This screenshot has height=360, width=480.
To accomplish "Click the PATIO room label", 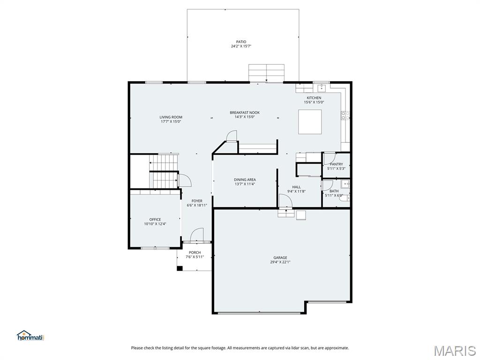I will [x=241, y=42].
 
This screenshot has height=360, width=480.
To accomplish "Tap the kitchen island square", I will [x=310, y=122].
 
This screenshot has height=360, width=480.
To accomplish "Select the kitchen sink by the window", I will [x=322, y=88].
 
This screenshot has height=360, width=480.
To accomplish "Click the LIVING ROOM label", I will [x=171, y=117].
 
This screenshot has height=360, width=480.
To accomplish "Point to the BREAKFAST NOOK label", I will [x=244, y=112].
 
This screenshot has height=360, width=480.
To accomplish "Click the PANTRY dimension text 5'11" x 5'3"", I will [x=336, y=168].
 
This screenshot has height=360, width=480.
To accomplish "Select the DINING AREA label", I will [x=245, y=180].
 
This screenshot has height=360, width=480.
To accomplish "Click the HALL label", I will [x=296, y=187].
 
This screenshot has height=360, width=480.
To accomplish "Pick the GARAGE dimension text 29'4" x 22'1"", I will [x=280, y=262].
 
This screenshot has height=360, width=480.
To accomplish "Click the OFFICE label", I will [x=155, y=219].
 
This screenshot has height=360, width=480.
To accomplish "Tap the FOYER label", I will [x=197, y=201].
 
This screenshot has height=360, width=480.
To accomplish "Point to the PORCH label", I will [x=195, y=253].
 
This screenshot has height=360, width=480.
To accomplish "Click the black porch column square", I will [x=179, y=269].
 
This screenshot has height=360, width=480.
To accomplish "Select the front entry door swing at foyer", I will [x=197, y=234].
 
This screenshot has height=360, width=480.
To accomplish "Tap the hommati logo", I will [x=30, y=336].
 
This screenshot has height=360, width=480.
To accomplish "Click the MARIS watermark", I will [x=455, y=350].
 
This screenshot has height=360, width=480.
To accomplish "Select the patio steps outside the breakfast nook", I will [x=266, y=74].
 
